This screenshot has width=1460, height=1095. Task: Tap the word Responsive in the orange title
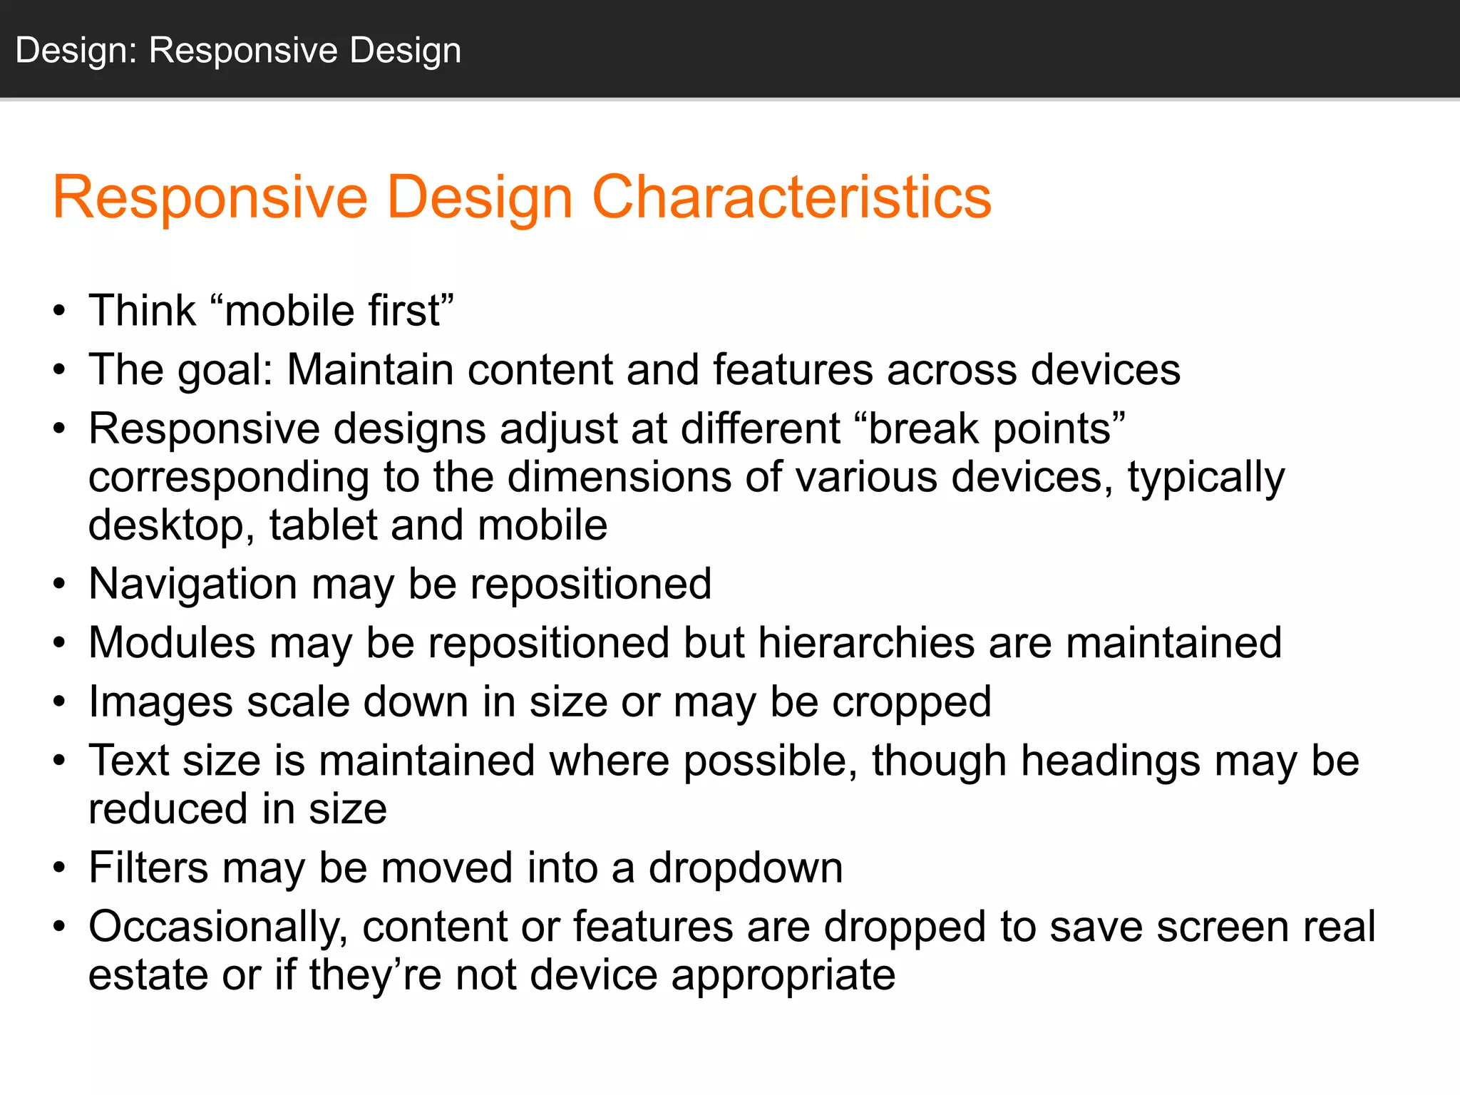point(210,197)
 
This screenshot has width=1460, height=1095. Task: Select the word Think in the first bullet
point(142,312)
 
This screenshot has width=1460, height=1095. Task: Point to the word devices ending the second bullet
point(1105,371)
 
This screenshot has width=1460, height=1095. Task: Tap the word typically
point(1206,478)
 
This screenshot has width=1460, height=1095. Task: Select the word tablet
point(323,525)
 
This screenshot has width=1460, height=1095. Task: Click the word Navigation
point(192,585)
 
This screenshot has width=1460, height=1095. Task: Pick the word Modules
point(172,643)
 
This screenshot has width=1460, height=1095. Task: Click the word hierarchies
point(865,643)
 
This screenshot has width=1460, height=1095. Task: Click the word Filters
point(148,868)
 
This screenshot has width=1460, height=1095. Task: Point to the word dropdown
point(746,868)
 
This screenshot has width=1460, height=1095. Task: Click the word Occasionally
point(218,928)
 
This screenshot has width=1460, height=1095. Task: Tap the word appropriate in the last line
point(783,975)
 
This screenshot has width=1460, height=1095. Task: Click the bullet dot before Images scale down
point(59,703)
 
